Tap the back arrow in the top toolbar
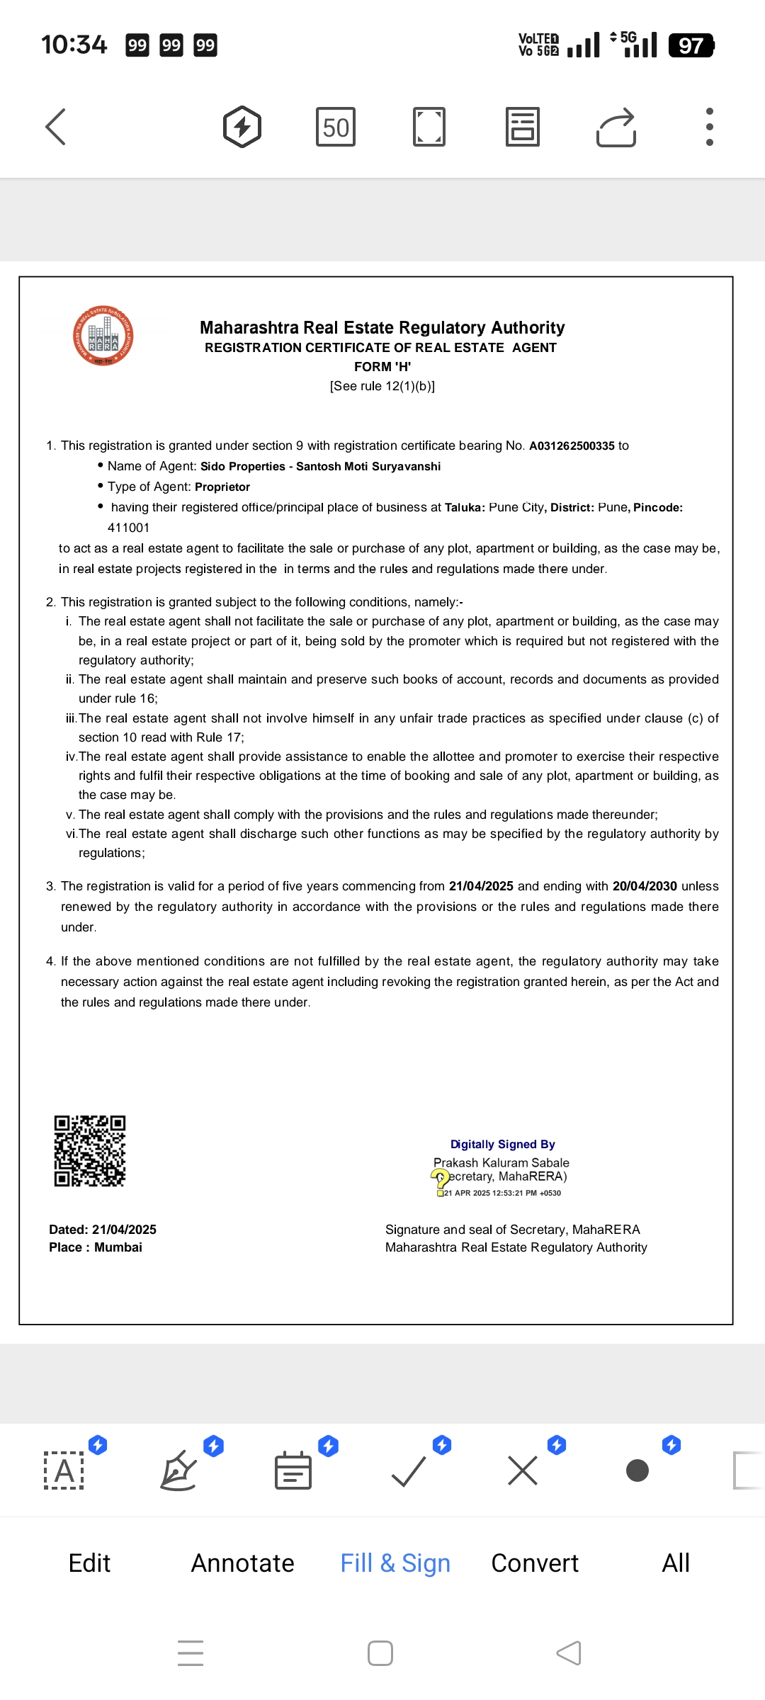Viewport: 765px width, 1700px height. coord(56,127)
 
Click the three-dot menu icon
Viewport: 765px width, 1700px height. coord(709,127)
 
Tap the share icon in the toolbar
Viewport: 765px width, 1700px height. coord(616,127)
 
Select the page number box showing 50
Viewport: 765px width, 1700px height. coord(335,127)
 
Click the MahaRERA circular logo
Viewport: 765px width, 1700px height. coord(103,336)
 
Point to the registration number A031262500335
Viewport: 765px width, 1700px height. coord(572,446)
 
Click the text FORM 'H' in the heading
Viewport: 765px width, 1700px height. coord(382,367)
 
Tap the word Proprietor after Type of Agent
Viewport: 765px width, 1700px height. coord(222,487)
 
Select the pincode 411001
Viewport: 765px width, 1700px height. coord(128,528)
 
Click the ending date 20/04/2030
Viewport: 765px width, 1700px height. coord(645,886)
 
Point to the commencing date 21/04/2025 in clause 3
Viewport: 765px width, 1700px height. coord(481,886)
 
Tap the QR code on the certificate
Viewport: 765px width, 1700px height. coord(90,1151)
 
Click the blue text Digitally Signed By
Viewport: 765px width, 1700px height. coord(503,1144)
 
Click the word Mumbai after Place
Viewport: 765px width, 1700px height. coord(118,1247)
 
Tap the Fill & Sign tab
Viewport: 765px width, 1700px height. coord(395,1563)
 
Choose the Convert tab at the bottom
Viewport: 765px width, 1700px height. coord(535,1563)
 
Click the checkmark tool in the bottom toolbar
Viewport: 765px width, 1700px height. coord(409,1471)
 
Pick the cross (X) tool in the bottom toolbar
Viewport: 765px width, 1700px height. coord(523,1471)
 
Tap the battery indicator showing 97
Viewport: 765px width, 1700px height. coord(691,46)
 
